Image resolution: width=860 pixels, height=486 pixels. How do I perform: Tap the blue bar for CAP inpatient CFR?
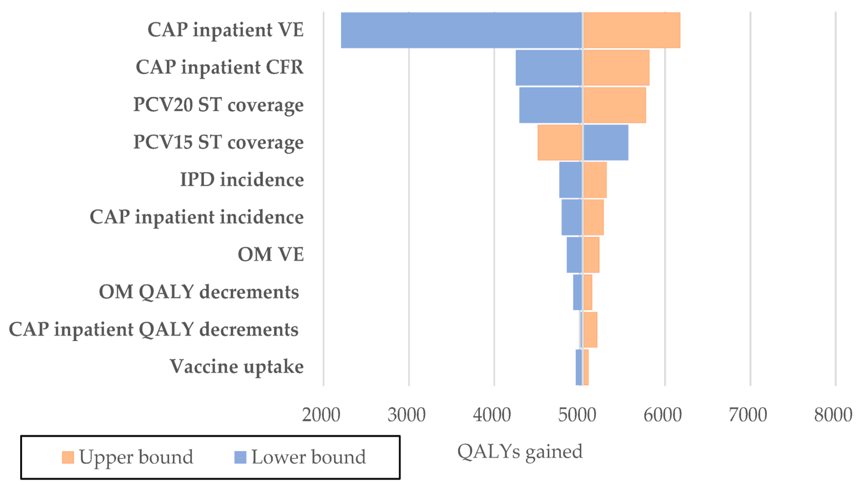click(549, 68)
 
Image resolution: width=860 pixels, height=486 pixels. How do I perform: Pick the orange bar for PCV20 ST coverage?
click(614, 105)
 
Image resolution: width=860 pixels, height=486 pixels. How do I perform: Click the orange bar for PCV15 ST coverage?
click(560, 143)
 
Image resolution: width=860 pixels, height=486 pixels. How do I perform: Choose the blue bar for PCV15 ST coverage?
click(606, 143)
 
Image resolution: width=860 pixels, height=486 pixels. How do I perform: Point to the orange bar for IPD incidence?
click(595, 180)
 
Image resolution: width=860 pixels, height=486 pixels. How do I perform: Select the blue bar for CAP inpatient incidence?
click(572, 217)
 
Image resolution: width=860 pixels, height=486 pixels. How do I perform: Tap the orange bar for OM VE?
click(591, 255)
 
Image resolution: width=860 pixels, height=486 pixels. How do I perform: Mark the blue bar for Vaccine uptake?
click(579, 367)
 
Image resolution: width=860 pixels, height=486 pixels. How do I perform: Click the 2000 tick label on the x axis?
click(321, 415)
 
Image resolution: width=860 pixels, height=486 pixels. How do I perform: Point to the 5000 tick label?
click(577, 415)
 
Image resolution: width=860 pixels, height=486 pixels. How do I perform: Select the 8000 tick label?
click(833, 415)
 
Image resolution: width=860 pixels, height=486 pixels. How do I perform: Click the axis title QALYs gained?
click(520, 452)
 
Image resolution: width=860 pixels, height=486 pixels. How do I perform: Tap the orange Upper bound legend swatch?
click(68, 457)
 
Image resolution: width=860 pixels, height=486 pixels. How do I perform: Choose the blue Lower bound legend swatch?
click(240, 457)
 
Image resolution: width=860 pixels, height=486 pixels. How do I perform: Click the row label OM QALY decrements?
click(199, 292)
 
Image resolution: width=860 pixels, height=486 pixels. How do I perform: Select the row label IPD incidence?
click(242, 180)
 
